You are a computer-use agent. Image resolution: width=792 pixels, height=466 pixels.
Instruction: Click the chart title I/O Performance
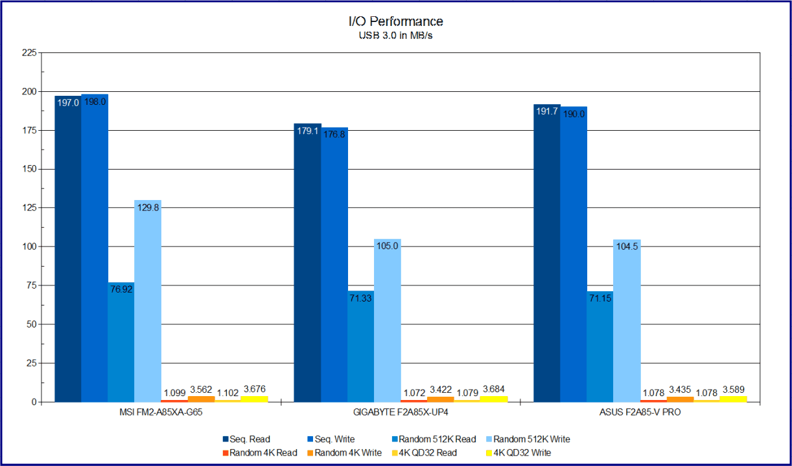395,22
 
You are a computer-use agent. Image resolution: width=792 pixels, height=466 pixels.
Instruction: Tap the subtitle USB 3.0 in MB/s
395,36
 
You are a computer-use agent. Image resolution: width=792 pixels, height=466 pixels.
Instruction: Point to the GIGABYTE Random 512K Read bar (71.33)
361,347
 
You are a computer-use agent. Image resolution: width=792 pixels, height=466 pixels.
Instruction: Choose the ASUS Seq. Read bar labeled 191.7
547,253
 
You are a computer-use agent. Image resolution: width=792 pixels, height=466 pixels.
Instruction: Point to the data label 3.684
493,390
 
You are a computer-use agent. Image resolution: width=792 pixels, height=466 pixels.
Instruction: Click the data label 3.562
201,390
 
